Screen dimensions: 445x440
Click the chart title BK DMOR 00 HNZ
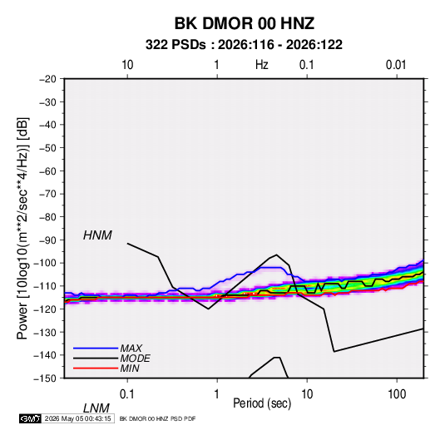(x=244, y=23)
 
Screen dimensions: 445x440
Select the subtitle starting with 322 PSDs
(x=244, y=45)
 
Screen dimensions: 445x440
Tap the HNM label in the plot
(x=97, y=235)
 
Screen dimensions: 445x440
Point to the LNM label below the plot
(x=96, y=408)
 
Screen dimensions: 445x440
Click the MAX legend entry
(x=131, y=348)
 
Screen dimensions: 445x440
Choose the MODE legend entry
(x=135, y=358)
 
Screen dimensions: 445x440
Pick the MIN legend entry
(x=130, y=368)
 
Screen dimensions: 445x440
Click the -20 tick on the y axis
(x=47, y=79)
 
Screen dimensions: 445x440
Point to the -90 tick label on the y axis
(x=47, y=240)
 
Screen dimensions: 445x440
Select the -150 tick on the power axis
(x=45, y=378)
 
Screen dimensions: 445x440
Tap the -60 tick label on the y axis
(x=47, y=171)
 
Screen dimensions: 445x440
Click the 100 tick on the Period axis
(x=397, y=394)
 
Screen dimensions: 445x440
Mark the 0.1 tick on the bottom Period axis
(x=127, y=394)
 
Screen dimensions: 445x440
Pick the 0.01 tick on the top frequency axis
(x=396, y=65)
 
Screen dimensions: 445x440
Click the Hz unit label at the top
(x=262, y=65)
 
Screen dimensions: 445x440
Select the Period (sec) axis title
(x=262, y=403)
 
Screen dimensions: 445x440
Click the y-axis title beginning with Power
(x=22, y=229)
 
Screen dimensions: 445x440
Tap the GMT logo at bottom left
(x=30, y=418)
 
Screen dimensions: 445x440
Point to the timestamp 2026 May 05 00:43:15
(x=77, y=418)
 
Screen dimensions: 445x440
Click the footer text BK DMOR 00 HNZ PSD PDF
(x=157, y=418)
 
